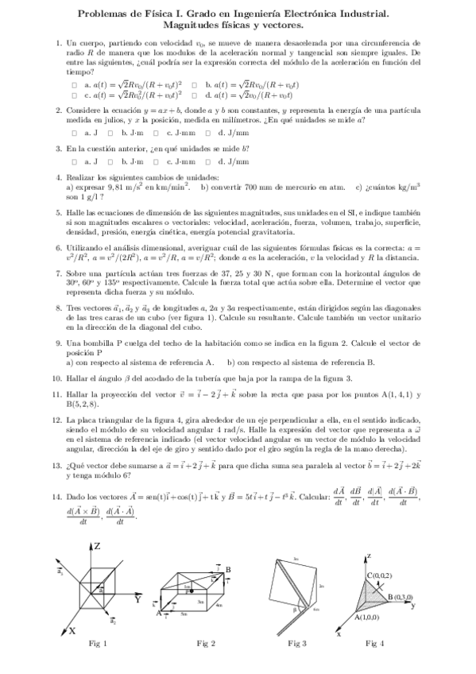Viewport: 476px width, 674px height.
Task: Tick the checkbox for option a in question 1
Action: [74, 83]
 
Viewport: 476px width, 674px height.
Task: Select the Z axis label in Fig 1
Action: [96, 547]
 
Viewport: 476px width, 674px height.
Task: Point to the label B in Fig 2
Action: [228, 569]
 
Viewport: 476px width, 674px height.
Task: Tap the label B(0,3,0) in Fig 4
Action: [401, 596]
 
